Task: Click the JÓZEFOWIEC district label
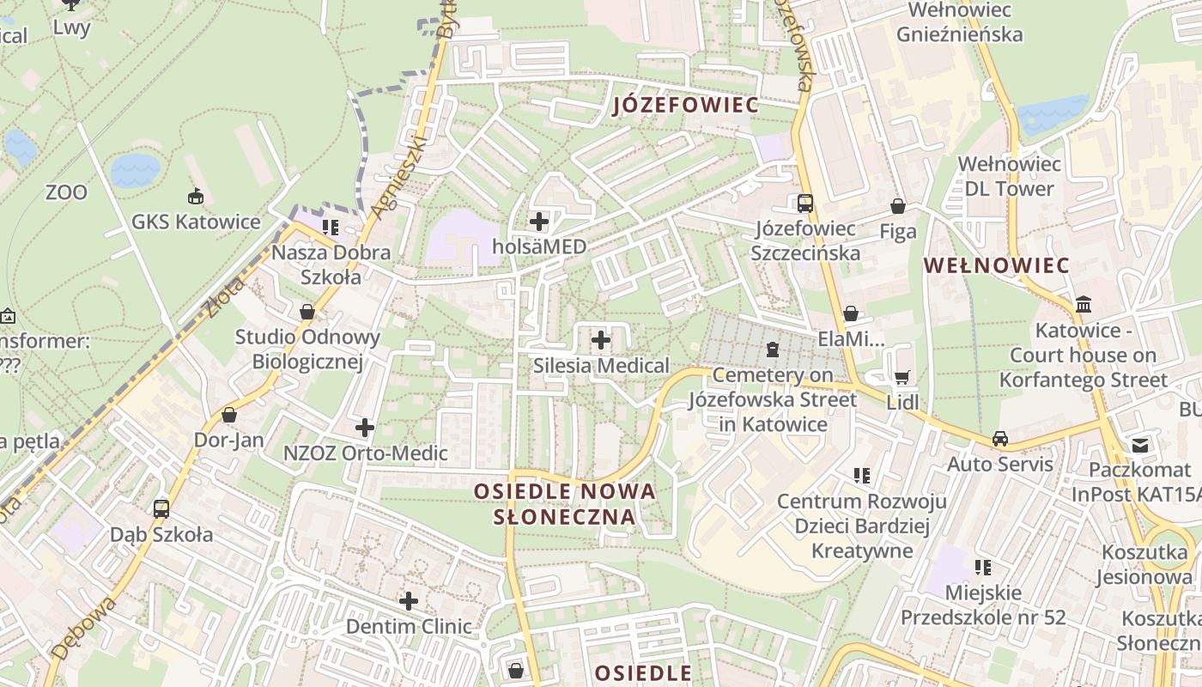[x=686, y=106]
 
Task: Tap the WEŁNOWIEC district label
[x=997, y=265]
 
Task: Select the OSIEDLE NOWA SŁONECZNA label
[x=565, y=504]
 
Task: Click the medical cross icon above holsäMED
[x=539, y=222]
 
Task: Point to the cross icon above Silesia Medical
[x=601, y=341]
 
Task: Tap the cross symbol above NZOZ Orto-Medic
[x=365, y=427]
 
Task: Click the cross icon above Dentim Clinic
[x=409, y=600]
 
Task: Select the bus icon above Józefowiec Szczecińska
[x=805, y=204]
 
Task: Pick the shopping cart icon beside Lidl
[x=901, y=378]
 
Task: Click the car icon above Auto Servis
[x=1000, y=439]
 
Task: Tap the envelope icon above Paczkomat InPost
[x=1139, y=445]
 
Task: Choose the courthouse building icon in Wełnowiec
[x=1084, y=305]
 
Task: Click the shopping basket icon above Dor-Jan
[x=229, y=415]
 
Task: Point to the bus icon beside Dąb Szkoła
[x=161, y=508]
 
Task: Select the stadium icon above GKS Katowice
[x=196, y=196]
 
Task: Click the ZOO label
[x=66, y=192]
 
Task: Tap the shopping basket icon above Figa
[x=898, y=206]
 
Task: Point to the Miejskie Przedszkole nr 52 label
[x=983, y=605]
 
